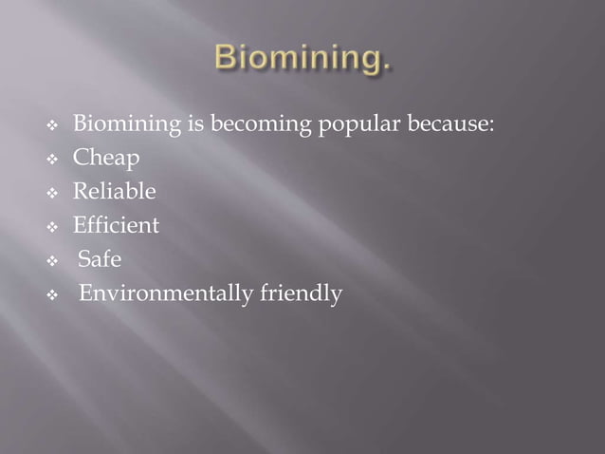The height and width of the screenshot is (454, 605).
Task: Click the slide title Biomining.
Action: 301,60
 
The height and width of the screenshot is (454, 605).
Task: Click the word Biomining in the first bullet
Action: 122,124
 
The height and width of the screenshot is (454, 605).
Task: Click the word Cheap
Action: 106,159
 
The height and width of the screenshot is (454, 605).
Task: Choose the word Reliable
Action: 115,192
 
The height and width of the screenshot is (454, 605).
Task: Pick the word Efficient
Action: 117,226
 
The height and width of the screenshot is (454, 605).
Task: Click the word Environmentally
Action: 166,294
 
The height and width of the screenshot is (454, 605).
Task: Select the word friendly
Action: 301,294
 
